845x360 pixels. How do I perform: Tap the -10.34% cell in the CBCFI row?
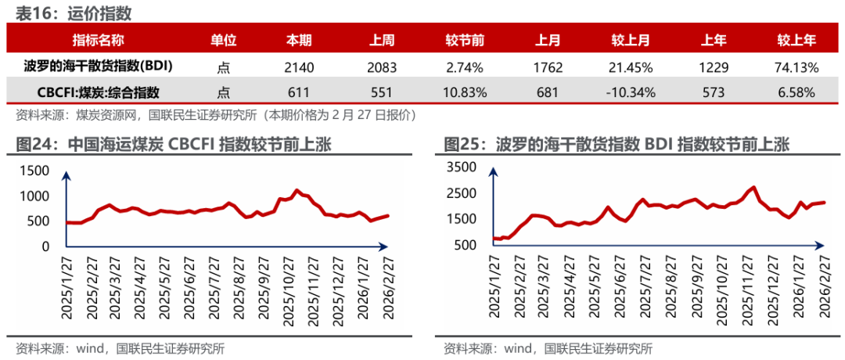coord(629,92)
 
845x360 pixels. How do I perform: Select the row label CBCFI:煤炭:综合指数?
coord(99,92)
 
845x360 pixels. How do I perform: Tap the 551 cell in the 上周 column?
coord(381,92)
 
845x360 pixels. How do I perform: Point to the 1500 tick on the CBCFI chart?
coord(34,171)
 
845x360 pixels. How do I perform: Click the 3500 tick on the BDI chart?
coord(461,167)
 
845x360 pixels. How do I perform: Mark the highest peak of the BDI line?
coord(753,188)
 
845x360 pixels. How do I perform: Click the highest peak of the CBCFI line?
coord(297,190)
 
